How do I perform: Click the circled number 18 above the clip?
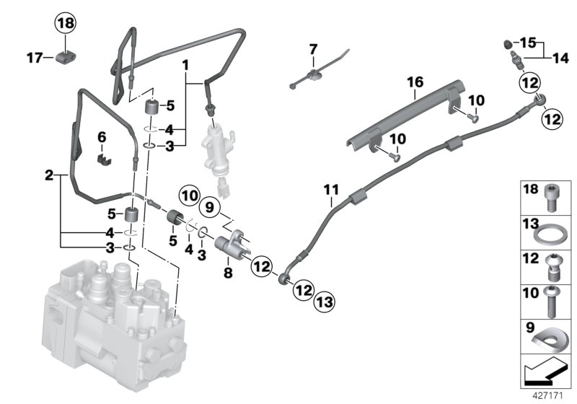66,24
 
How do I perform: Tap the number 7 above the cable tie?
313,49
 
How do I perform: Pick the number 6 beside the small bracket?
102,136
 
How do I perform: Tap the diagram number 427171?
547,395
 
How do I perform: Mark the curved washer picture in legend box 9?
550,336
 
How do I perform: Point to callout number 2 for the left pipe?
48,175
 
